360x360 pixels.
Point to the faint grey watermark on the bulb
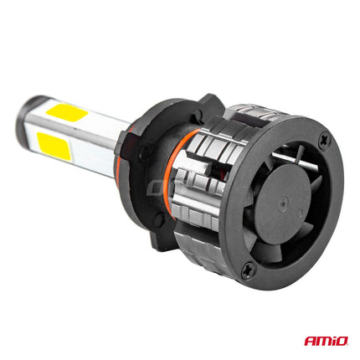[x=167, y=186]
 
